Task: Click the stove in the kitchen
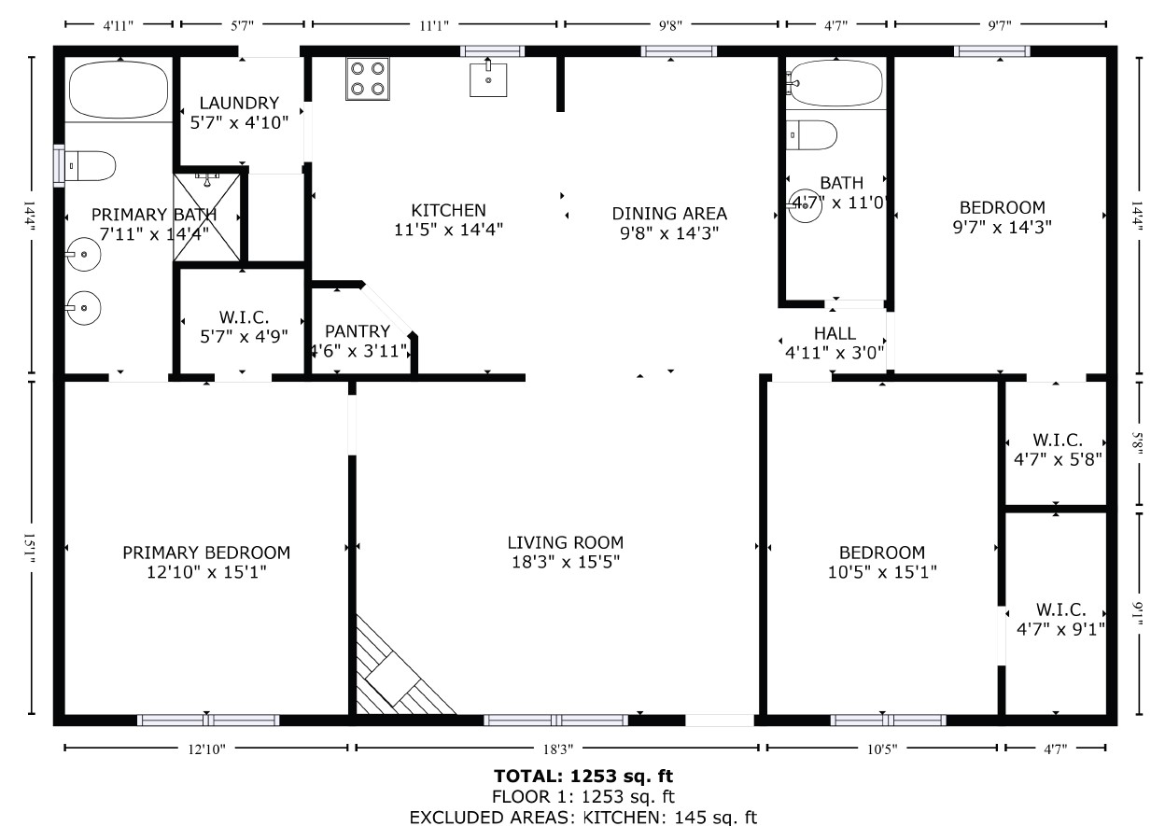tap(367, 78)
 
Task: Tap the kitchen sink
tap(487, 78)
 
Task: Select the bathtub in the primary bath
tap(119, 90)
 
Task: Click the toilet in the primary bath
tap(91, 166)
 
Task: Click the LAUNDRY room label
tap(239, 103)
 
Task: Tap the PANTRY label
tap(357, 331)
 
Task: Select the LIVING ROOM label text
tap(565, 542)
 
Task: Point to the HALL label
tap(834, 333)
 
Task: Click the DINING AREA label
tap(668, 214)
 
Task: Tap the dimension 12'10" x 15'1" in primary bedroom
tap(206, 572)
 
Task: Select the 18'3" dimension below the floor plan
tap(556, 748)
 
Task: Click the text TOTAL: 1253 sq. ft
tap(583, 776)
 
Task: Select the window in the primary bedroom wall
tap(208, 720)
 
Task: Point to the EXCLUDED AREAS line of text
tap(583, 818)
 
